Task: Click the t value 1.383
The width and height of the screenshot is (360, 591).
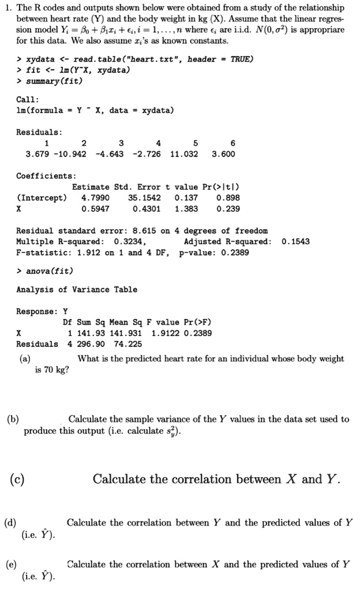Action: coord(186,208)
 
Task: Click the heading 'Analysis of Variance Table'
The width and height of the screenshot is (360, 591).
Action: coord(77,289)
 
